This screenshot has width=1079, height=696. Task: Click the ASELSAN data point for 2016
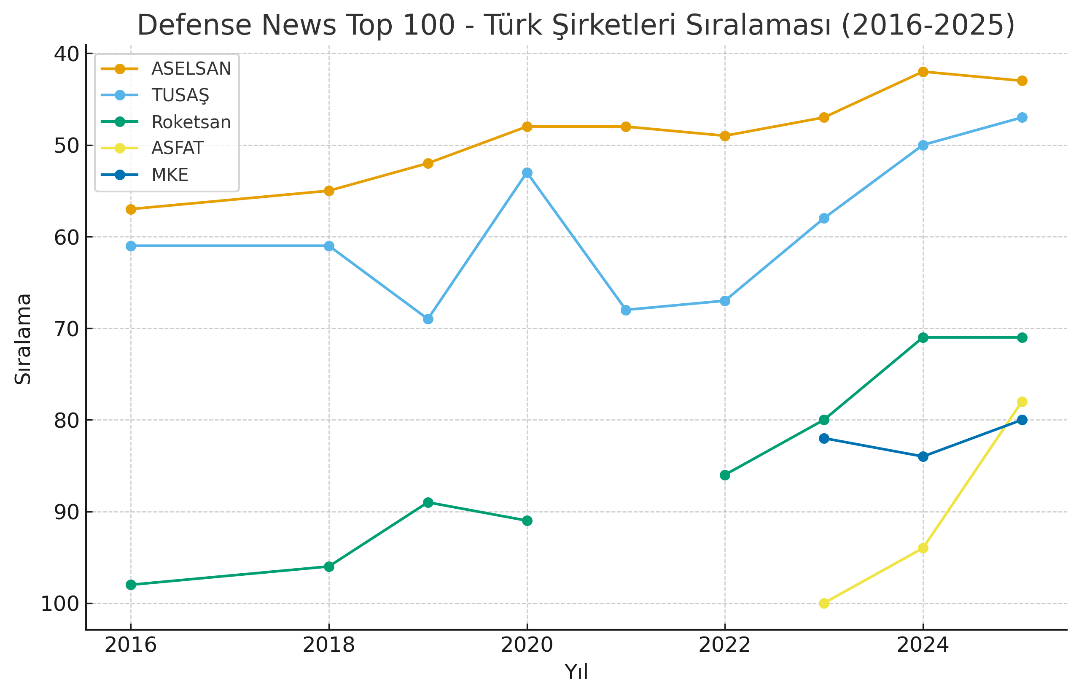[131, 209]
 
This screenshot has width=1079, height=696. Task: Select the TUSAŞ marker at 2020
[527, 173]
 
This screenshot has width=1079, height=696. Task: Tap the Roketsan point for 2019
[428, 502]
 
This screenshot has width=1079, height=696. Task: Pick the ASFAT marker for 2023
[824, 603]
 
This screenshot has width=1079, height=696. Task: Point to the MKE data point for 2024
[923, 456]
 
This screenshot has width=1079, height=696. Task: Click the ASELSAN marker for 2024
[923, 72]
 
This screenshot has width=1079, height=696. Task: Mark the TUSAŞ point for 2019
[428, 319]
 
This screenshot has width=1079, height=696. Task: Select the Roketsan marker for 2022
[725, 475]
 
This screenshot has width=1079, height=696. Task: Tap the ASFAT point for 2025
[1022, 402]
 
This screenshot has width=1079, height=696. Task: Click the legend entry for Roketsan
[191, 122]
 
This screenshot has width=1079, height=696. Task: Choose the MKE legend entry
[170, 175]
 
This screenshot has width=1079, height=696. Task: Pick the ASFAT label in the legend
[178, 148]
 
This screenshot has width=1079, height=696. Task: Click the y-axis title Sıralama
[23, 339]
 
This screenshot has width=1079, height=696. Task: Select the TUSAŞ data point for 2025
[1022, 118]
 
